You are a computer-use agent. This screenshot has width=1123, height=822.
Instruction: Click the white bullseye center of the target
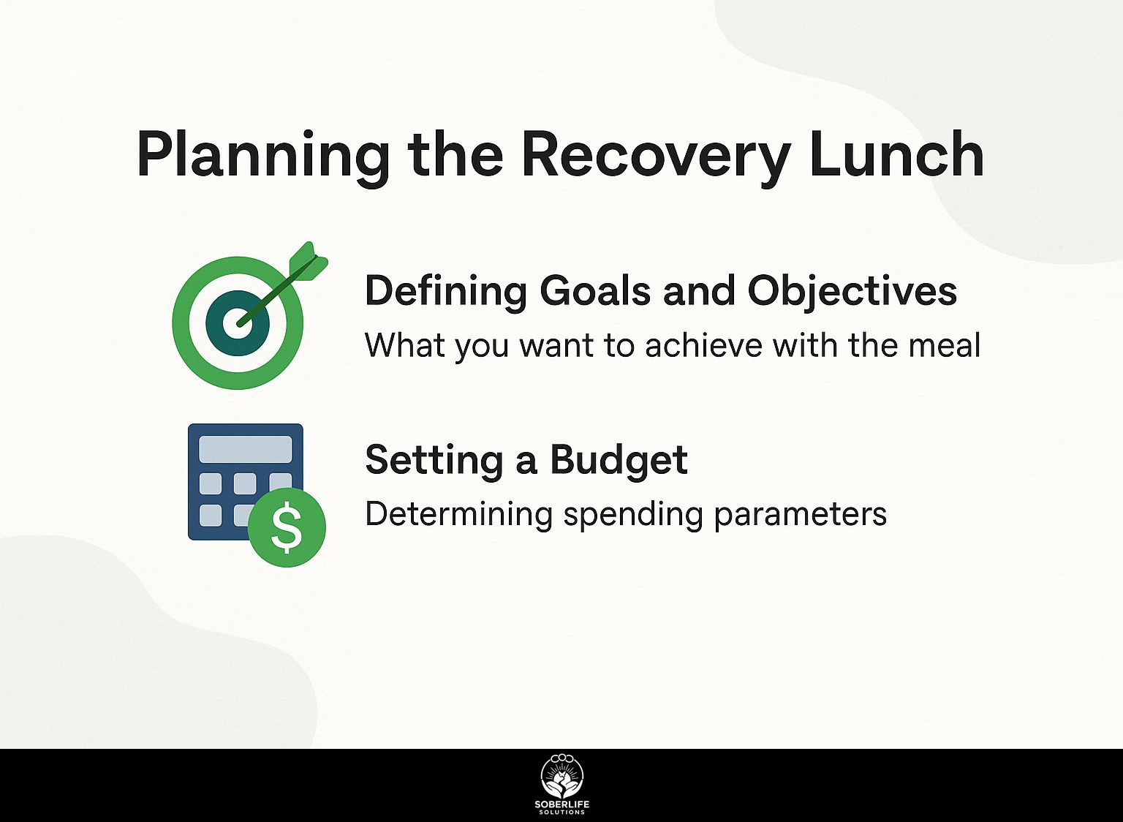click(238, 323)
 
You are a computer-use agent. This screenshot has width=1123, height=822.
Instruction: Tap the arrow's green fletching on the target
click(309, 260)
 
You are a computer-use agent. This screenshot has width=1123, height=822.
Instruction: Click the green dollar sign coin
click(287, 527)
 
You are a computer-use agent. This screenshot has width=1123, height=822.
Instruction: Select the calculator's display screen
click(246, 449)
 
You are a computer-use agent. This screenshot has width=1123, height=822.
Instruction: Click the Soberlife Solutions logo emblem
click(561, 779)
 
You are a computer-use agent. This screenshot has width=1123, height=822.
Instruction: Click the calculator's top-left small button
click(211, 483)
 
